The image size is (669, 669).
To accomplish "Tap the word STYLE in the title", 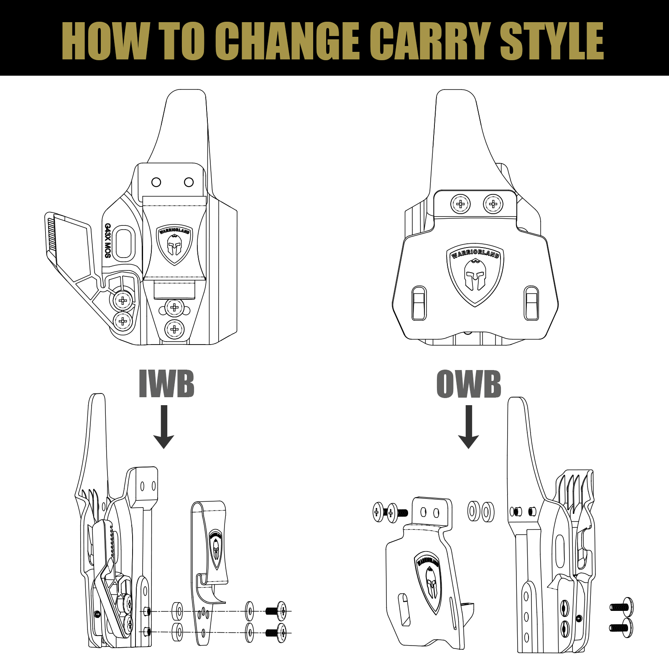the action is tap(552, 41).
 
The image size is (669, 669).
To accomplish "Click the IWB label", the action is tap(166, 384).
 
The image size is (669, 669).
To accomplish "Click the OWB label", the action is tap(469, 384).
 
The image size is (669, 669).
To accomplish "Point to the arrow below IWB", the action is tap(164, 426).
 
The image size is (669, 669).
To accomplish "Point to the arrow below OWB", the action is tap(468, 426).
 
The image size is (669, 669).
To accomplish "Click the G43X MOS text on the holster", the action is tap(107, 240).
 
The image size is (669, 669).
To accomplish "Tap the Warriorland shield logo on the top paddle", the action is tap(475, 274).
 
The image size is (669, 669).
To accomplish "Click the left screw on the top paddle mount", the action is tap(460, 204).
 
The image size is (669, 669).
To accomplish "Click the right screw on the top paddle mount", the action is tap(493, 204).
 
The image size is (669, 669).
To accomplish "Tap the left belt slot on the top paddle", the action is tap(419, 303).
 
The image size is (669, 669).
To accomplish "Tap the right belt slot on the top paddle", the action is tap(531, 303).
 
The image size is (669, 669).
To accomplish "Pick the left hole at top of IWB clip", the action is tap(156, 182).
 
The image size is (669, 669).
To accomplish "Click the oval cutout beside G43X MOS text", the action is tap(124, 243).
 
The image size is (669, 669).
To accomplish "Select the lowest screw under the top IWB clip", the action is tap(174, 329).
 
